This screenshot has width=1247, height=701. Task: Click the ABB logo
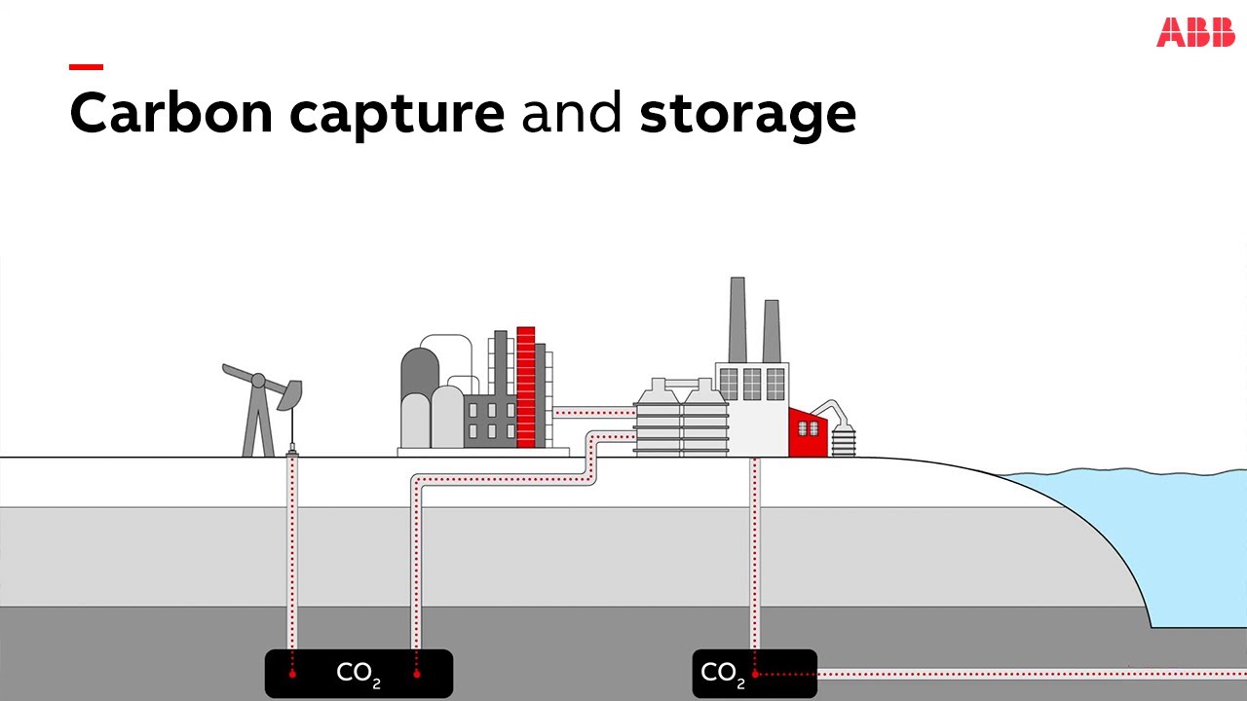1195,31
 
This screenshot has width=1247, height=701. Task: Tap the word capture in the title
397,115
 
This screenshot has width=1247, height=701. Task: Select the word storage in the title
747,115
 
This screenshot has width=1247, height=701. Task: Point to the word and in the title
572,113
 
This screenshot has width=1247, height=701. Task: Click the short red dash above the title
86,67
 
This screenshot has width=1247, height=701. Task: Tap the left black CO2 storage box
359,673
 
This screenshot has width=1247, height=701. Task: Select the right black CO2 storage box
754,673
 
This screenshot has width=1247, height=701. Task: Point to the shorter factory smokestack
772,331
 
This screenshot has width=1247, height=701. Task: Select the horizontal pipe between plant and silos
593,412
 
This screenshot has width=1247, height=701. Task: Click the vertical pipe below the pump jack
292,555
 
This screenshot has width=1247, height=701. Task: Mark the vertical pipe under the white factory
754,555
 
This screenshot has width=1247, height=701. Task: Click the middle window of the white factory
752,384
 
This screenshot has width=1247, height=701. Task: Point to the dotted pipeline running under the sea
1023,673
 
